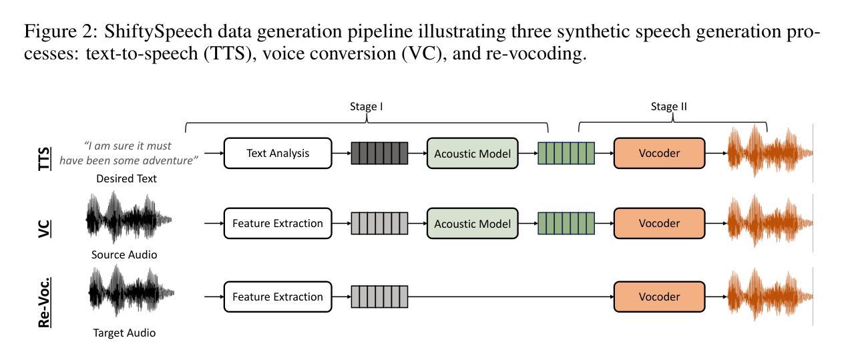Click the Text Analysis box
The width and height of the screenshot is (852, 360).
tap(278, 153)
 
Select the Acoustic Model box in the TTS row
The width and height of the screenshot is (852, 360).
tap(472, 154)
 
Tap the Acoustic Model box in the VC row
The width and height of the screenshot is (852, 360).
tap(472, 223)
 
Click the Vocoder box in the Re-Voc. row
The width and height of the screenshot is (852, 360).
tap(659, 297)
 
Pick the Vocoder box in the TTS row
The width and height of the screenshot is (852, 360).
tap(659, 153)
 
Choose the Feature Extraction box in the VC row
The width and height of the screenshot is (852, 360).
tap(278, 223)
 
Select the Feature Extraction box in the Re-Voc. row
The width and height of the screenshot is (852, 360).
tap(278, 297)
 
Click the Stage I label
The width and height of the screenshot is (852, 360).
tap(367, 107)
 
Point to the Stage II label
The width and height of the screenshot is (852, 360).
tap(668, 107)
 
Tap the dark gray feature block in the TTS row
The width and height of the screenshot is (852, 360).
tap(379, 154)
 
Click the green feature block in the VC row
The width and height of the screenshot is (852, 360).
tap(566, 223)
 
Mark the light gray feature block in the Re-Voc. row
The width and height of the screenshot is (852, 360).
tap(379, 297)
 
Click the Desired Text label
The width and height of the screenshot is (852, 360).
tap(126, 178)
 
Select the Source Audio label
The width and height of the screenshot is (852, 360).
tap(124, 254)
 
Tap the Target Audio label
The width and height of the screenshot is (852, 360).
tap(124, 333)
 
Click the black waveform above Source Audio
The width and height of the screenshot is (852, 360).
tap(129, 218)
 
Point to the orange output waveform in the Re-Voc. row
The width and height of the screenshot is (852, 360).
tap(771, 295)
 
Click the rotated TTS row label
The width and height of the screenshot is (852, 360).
tap(45, 159)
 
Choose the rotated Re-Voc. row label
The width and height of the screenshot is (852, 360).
tap(45, 303)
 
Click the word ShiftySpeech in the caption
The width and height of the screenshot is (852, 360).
tap(158, 31)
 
